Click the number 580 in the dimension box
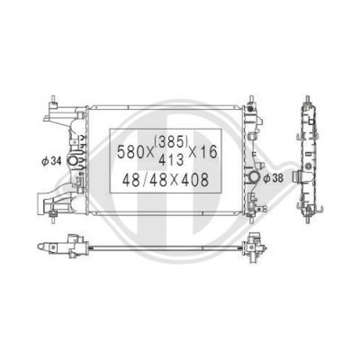(x=130, y=152)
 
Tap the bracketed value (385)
(x=171, y=142)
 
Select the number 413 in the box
(x=171, y=160)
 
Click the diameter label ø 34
(x=51, y=161)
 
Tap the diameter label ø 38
(x=273, y=178)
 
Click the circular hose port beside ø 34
(x=73, y=160)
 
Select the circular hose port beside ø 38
(x=254, y=177)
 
